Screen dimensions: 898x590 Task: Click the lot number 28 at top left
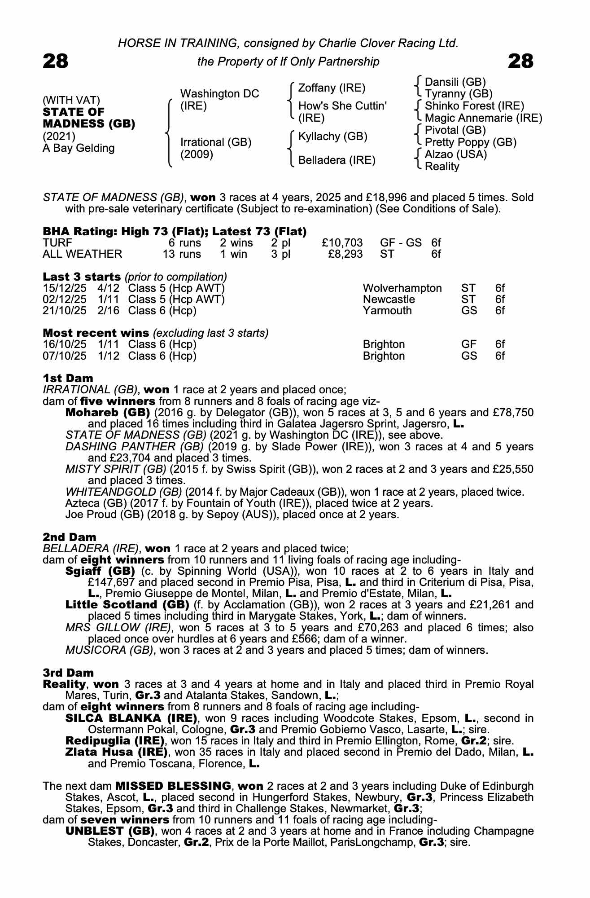pos(56,61)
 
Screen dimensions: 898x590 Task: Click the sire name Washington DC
pos(219,94)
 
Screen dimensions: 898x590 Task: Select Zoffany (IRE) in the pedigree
pos(332,88)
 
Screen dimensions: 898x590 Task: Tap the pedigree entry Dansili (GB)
pos(455,82)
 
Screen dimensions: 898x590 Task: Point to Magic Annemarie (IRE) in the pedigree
pos(483,118)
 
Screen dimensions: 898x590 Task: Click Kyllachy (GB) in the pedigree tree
pos(332,136)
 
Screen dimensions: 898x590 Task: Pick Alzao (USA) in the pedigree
pos(455,154)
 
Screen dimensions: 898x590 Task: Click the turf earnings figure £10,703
pos(342,243)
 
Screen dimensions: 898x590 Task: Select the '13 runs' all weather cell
pos(182,254)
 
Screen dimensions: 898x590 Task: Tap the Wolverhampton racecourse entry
pos(402,288)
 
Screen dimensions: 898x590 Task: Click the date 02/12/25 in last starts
pos(65,299)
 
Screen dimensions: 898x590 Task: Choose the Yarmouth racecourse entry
pos(387,310)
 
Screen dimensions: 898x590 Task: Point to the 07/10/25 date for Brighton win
pos(65,356)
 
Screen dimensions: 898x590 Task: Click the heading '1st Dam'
pos(68,378)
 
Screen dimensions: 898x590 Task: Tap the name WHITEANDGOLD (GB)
pos(123,492)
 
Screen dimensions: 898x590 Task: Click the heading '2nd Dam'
pos(69,537)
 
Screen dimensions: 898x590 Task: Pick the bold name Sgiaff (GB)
pos(100,571)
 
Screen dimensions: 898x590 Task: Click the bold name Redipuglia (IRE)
pos(115,740)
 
